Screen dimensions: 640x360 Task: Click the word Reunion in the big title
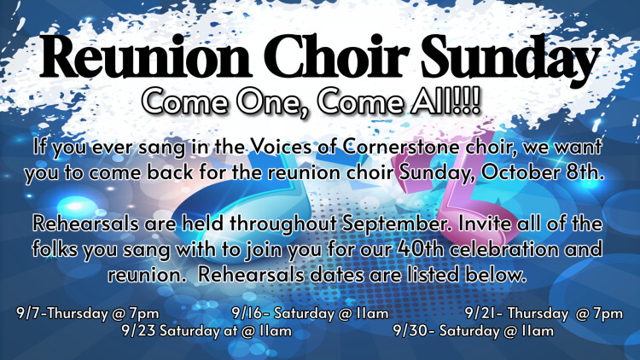pos(145,57)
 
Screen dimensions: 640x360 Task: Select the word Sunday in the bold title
pos(511,59)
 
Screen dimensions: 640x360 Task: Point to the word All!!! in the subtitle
pos(445,102)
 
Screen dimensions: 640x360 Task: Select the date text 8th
pos(585,171)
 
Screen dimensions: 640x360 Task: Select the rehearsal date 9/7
pos(31,313)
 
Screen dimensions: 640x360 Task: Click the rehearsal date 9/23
pos(138,330)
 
